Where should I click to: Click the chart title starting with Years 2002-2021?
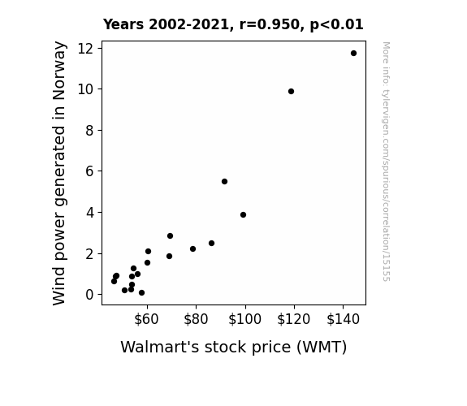233,24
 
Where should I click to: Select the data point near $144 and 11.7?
353,54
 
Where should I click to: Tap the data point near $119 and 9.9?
291,92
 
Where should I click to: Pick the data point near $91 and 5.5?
224,181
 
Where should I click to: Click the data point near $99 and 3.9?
243,214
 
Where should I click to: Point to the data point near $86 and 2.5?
211,243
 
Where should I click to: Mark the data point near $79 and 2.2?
192,248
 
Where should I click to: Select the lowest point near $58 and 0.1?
142,293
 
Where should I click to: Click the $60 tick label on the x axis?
146,319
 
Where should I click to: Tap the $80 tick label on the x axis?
196,319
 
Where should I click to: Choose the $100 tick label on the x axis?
244,319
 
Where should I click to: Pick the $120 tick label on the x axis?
294,319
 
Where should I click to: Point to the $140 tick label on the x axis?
343,319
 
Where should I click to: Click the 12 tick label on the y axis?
85,48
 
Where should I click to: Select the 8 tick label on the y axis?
89,130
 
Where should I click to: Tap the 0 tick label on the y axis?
89,295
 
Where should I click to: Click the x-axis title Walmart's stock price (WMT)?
234,348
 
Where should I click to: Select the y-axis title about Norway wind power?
59,173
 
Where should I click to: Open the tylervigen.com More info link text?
386,162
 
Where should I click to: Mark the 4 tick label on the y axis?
89,213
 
